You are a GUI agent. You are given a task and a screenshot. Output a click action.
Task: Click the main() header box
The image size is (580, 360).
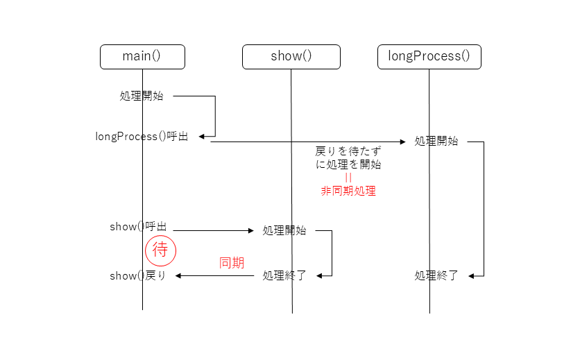[x=142, y=57]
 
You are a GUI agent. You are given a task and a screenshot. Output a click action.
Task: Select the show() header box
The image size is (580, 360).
[x=291, y=57]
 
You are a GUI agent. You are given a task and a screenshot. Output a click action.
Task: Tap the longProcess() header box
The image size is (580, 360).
[x=429, y=57]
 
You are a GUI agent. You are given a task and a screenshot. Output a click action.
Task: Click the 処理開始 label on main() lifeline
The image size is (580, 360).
[x=142, y=96]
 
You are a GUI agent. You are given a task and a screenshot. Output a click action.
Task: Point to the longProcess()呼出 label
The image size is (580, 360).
[x=142, y=137]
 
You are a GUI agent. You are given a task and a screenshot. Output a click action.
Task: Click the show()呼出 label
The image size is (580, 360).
[x=138, y=227]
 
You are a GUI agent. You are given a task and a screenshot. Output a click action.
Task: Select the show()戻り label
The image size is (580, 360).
[x=137, y=276]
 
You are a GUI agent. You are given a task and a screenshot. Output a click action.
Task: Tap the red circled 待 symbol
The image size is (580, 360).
[x=160, y=250]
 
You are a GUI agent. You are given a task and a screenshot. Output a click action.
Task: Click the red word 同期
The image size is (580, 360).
[x=231, y=263]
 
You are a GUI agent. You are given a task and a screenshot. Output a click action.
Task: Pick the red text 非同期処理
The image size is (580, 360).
[x=348, y=191]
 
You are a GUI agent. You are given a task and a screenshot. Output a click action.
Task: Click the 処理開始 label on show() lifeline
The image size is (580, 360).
[x=284, y=231]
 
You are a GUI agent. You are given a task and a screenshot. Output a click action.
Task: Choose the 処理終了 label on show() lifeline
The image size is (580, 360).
[x=284, y=276]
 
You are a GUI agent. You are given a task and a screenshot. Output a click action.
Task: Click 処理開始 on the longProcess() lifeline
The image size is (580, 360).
[x=436, y=142]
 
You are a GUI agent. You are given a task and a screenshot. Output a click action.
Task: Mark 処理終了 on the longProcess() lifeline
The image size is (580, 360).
[x=436, y=276]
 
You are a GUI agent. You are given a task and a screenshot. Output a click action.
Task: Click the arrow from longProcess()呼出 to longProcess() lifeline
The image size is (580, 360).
[x=305, y=142]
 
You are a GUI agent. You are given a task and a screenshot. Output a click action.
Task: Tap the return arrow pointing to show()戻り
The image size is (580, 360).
[x=215, y=276]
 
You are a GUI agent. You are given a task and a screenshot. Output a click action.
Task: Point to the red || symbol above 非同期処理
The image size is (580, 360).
[x=348, y=178]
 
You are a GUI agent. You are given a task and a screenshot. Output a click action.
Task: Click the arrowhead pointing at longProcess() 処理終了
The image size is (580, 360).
[x=472, y=276]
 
